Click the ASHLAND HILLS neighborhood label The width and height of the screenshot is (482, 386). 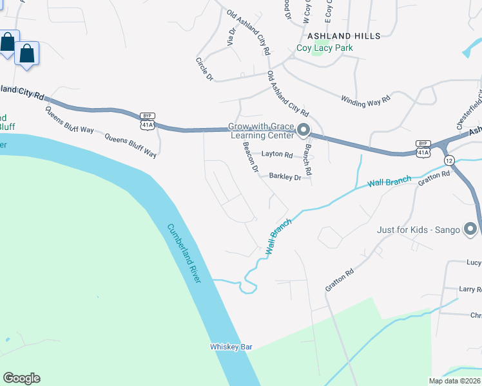pyautogui.click(x=343, y=36)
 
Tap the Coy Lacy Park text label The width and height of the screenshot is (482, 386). pyautogui.click(x=324, y=48)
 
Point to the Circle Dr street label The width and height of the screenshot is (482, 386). pyautogui.click(x=204, y=69)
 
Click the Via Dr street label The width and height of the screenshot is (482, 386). pyautogui.click(x=231, y=36)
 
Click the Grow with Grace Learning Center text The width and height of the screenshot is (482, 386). pyautogui.click(x=261, y=131)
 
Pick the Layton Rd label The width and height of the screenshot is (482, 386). pyautogui.click(x=277, y=155)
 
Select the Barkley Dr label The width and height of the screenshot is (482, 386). pyautogui.click(x=285, y=176)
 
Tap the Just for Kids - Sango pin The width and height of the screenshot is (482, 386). pyautogui.click(x=471, y=230)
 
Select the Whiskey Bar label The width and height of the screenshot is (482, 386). pyautogui.click(x=231, y=347)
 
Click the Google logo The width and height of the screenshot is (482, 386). pyautogui.click(x=21, y=378)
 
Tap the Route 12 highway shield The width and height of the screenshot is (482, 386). pyautogui.click(x=448, y=160)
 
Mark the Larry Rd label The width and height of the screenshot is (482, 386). pyautogui.click(x=470, y=290)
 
